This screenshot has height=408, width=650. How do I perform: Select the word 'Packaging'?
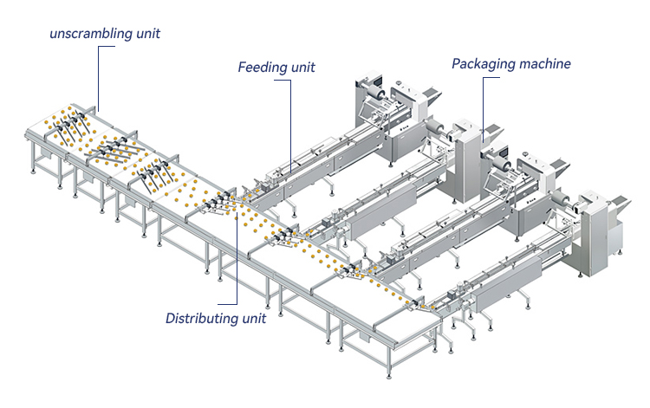[481, 63]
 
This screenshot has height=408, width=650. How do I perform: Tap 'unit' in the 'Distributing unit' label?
[251, 318]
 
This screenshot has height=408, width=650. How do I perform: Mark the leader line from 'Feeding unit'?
[289, 121]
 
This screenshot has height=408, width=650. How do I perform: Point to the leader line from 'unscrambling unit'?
[98, 78]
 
